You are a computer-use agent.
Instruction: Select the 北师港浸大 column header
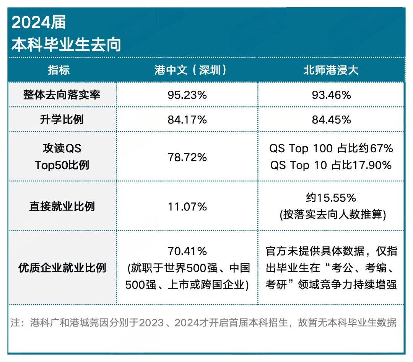[x=331, y=70]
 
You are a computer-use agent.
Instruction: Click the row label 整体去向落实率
[x=62, y=95]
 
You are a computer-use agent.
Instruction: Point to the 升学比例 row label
[x=62, y=120]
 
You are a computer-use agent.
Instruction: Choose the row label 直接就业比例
[x=62, y=207]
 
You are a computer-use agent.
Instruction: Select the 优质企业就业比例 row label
[x=62, y=268]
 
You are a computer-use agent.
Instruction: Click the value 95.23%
[x=187, y=95]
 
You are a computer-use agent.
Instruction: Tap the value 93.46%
[x=331, y=95]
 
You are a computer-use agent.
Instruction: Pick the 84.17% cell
[x=187, y=120]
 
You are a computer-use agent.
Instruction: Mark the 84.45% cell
[x=331, y=120]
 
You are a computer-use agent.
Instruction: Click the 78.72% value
[x=187, y=157]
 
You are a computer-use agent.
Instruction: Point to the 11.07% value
[x=187, y=207]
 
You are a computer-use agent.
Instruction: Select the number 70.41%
[x=187, y=251]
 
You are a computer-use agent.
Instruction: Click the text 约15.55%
[x=331, y=198]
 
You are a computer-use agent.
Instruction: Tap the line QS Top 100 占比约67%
[x=331, y=148]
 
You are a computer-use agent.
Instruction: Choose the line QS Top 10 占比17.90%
[x=331, y=165]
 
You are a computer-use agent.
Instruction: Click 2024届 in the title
[x=39, y=23]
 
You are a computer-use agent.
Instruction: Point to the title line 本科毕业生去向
[x=66, y=44]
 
